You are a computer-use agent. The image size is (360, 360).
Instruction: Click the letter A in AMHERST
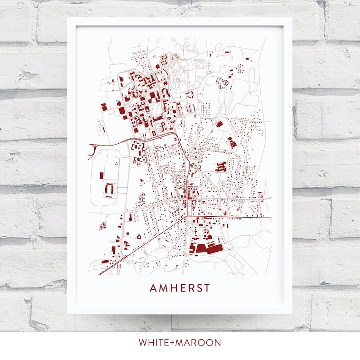pos(153,288)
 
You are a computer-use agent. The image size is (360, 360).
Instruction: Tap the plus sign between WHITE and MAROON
pos(175,342)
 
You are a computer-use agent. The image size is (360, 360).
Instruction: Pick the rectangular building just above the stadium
pos(102,175)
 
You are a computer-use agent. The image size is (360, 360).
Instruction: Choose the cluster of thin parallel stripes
pos(102,224)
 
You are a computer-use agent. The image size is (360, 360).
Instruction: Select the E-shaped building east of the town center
pos(221,166)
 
